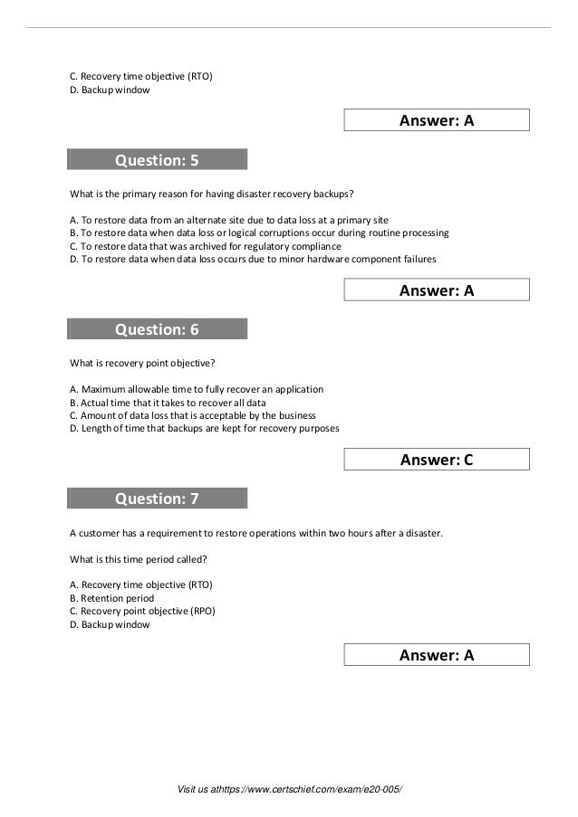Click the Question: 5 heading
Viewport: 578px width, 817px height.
pos(156,161)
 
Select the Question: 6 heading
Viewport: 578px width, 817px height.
pos(156,330)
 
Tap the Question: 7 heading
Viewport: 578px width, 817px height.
pos(156,499)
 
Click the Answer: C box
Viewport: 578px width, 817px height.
pos(437,460)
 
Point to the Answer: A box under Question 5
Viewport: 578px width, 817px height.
pos(437,290)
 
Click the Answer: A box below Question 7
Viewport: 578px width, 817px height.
pos(437,655)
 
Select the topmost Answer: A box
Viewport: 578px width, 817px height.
pos(437,120)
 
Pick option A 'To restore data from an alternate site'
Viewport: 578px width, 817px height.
pos(229,220)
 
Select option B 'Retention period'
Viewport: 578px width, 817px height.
pos(111,598)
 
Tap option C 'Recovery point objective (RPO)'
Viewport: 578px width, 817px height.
pos(142,611)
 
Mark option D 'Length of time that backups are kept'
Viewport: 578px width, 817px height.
pos(204,428)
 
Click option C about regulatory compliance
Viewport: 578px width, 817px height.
pos(206,245)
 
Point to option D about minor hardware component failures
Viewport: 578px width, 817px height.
pos(253,259)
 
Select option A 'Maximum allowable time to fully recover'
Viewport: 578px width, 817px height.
pos(196,390)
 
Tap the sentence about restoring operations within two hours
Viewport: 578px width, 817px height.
pos(256,533)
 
